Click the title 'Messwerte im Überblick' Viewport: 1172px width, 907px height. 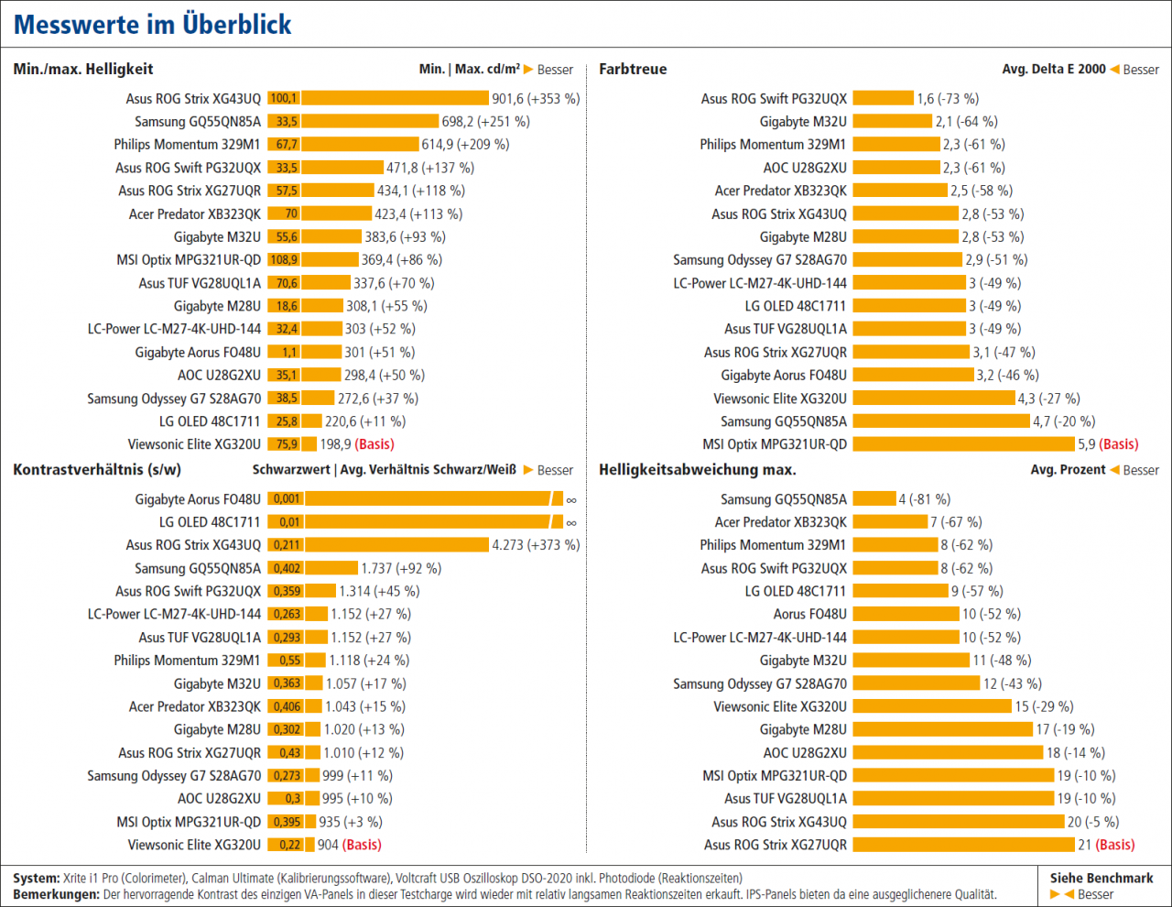152,25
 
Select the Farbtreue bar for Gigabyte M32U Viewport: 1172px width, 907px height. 892,122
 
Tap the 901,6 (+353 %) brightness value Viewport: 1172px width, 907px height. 536,99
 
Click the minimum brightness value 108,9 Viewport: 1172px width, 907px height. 284,259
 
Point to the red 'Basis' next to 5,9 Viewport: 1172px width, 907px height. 1119,444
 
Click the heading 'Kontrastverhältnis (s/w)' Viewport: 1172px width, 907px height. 97,470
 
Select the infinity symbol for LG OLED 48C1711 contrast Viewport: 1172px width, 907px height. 571,522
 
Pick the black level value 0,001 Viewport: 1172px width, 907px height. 287,498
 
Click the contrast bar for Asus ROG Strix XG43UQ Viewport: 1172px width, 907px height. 397,545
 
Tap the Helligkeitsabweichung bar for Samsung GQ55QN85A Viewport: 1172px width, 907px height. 874,499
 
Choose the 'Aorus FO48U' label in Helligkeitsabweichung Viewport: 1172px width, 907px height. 809,614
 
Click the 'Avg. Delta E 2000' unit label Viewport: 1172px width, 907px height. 1053,69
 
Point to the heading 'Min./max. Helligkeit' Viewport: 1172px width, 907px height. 83,69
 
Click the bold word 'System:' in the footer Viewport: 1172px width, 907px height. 36,879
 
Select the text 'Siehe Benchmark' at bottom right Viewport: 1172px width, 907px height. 1101,879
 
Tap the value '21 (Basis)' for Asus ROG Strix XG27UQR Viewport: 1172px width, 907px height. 1106,845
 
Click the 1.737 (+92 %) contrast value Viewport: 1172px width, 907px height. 401,568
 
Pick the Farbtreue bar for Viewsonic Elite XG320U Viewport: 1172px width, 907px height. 934,399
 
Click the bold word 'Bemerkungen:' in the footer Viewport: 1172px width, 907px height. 57,894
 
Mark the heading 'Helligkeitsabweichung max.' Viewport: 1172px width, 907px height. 698,470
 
